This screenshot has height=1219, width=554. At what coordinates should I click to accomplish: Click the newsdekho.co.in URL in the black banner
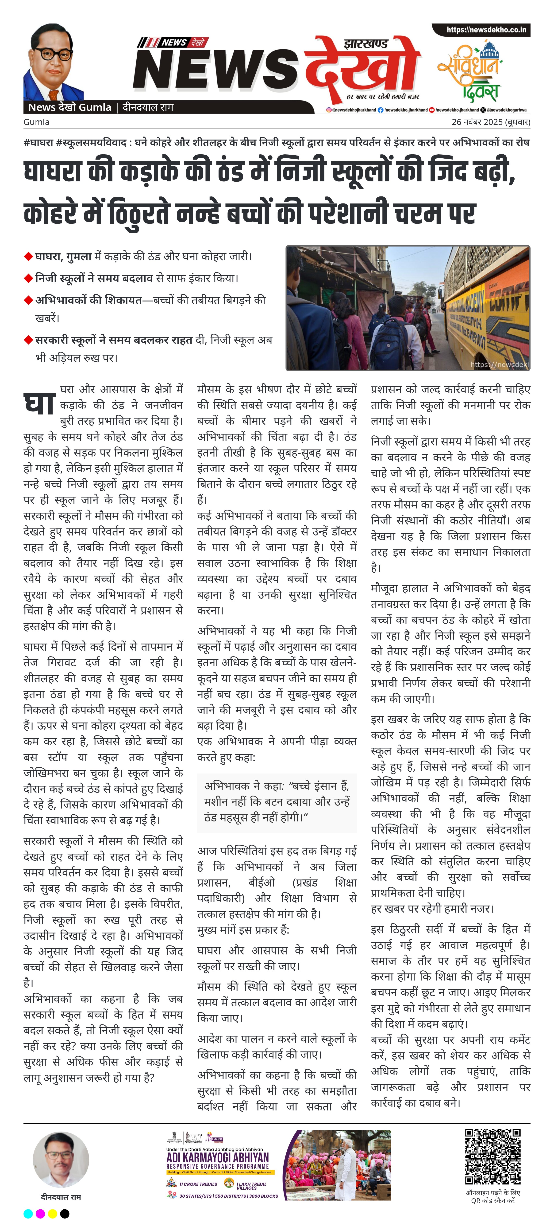pyautogui.click(x=486, y=30)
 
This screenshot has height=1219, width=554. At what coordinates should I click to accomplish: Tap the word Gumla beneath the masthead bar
pyautogui.click(x=36, y=122)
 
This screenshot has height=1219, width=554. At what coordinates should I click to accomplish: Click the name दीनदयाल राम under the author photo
pyautogui.click(x=61, y=1197)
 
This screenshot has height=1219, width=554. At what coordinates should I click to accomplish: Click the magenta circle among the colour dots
pyautogui.click(x=40, y=1213)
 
